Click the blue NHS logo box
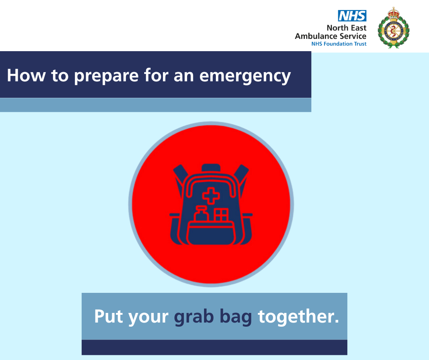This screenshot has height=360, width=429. click(x=352, y=16)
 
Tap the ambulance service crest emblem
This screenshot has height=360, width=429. click(x=393, y=28)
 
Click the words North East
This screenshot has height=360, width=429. click(x=346, y=28)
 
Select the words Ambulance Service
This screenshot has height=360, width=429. click(x=330, y=36)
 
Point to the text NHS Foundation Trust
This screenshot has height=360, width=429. click(x=339, y=44)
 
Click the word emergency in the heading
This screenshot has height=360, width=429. click(x=245, y=76)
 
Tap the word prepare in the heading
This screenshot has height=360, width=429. click(x=106, y=76)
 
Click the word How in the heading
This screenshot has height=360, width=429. click(x=26, y=75)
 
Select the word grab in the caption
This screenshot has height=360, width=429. click(x=194, y=317)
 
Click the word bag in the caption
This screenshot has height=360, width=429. click(x=235, y=317)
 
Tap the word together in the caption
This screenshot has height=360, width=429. click(x=298, y=317)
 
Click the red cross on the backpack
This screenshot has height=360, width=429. click(x=211, y=196)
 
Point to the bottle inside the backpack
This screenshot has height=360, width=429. click(x=201, y=214)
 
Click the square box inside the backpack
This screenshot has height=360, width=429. click(x=221, y=215)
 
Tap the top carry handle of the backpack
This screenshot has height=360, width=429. click(x=211, y=168)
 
